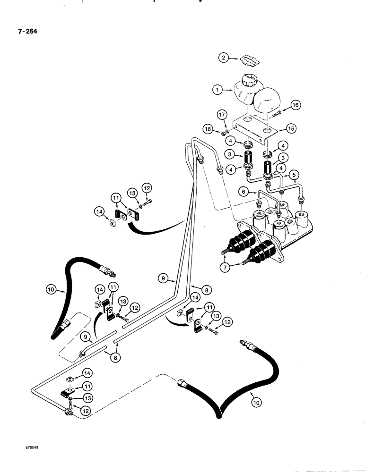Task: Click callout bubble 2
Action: pyautogui.click(x=223, y=58)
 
